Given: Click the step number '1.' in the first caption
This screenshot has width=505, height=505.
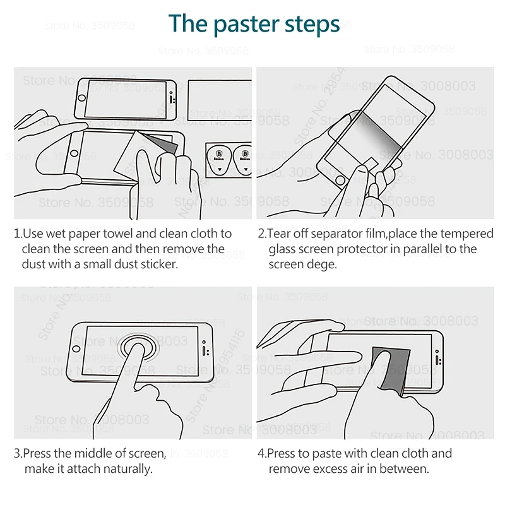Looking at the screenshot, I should point(18,234).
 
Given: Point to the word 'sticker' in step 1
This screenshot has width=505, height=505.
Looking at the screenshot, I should point(158,264).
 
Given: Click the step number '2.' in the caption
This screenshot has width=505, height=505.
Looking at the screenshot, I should point(262,234).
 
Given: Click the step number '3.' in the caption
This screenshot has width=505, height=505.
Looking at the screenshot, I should point(18,453).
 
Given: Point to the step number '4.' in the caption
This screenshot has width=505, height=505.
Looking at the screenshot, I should point(262,453).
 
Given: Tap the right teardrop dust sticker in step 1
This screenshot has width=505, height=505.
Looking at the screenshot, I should point(242,158).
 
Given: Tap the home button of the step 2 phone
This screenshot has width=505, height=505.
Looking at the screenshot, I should point(342,181).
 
